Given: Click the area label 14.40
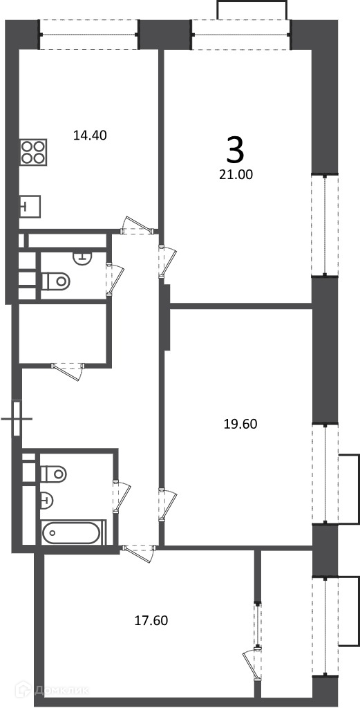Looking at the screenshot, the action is tap(90, 135).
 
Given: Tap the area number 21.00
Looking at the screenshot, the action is tap(236, 174).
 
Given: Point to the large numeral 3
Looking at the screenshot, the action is tap(234, 151).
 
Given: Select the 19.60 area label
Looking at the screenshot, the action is tap(240, 424).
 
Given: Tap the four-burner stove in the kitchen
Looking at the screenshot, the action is tap(33, 152).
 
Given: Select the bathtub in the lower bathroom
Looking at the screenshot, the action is tap(70, 533).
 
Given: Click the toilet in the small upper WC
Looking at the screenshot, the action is tap(56, 281).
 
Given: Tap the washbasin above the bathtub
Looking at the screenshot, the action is tap(47, 499).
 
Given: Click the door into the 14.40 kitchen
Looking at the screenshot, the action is tap(137, 226).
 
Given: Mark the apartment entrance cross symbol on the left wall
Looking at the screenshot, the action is tap(17, 418).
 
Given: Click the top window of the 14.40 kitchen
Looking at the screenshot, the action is tap(89, 35).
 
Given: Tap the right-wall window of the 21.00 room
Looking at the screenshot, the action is tap(325, 225).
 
